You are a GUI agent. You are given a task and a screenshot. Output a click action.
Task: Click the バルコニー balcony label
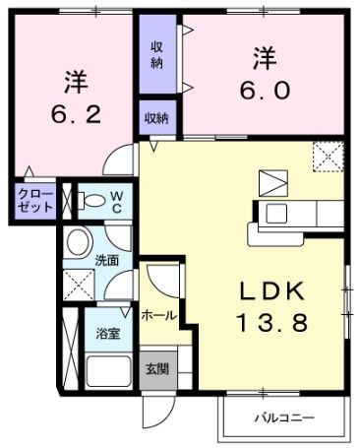click(284, 416)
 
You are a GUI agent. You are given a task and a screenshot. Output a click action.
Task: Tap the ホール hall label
click(158, 315)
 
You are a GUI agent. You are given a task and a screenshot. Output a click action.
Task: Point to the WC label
click(116, 201)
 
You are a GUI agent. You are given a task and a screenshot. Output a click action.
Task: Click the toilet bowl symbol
click(91, 202)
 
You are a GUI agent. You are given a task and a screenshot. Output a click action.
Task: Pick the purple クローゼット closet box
click(34, 203)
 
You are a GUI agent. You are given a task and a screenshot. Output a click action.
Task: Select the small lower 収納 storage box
click(156, 117)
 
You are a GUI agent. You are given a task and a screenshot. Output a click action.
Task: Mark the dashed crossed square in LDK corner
click(326, 156)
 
